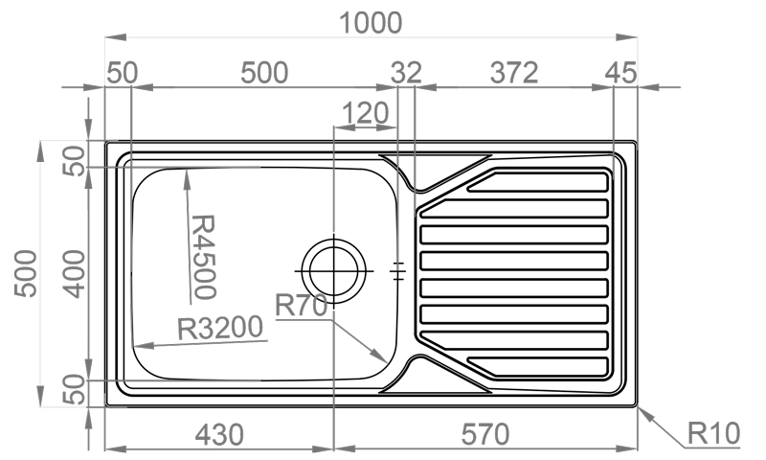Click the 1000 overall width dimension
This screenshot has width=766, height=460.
click(x=371, y=23)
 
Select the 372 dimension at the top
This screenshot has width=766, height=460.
click(x=514, y=73)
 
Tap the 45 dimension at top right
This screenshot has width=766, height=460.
click(x=620, y=73)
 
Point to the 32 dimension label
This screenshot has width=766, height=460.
click(x=406, y=73)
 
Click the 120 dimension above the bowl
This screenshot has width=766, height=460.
click(x=365, y=113)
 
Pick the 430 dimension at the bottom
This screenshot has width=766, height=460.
click(x=219, y=434)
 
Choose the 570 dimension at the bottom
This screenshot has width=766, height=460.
click(x=485, y=434)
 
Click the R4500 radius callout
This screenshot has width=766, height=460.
click(x=203, y=257)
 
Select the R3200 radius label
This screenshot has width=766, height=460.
click(x=220, y=328)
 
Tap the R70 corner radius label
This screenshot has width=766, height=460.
click(x=301, y=306)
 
